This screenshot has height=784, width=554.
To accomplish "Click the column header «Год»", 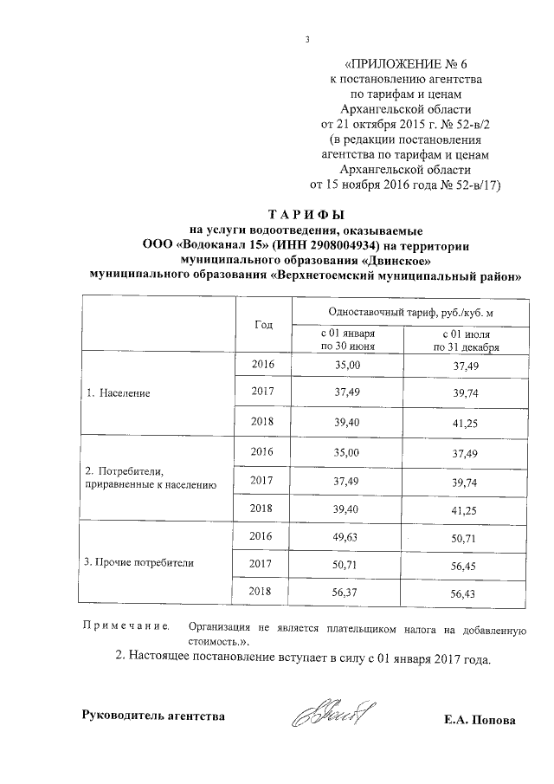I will click(x=264, y=324).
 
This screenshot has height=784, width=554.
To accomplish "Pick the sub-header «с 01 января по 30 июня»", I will click(x=346, y=339).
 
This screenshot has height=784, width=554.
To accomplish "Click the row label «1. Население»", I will click(x=119, y=392).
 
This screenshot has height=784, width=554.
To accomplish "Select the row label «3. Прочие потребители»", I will click(x=138, y=562).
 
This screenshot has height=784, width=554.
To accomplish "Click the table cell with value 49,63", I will click(x=346, y=537).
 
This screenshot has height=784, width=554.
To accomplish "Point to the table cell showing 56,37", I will click(x=346, y=593).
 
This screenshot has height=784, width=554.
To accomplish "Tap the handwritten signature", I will click(x=329, y=715).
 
